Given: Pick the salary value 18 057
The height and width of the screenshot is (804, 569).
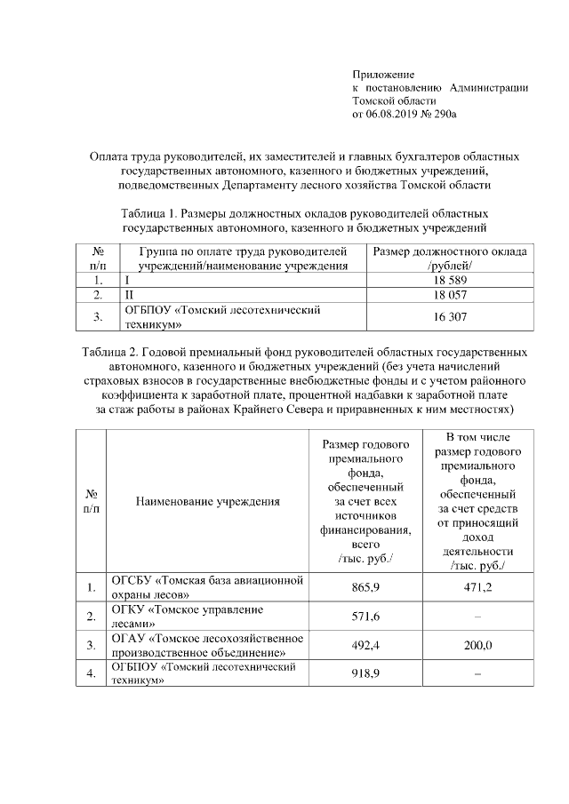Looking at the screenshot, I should pos(452,295).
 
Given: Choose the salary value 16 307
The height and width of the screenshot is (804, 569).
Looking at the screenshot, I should pos(452,316).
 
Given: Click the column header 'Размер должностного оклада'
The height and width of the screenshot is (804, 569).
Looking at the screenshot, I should pos(451,252).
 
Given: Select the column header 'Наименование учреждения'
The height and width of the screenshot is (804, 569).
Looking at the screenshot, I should pos(207,501).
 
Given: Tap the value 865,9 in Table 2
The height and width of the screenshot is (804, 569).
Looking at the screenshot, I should pos(366,587).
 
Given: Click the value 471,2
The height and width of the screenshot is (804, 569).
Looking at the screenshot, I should pos(477,587).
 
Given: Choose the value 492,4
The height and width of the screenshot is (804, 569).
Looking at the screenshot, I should pos(366,645).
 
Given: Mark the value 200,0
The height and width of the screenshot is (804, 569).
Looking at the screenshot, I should pos(477,645).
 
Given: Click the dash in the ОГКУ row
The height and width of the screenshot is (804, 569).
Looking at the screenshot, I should pos(477,616).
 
